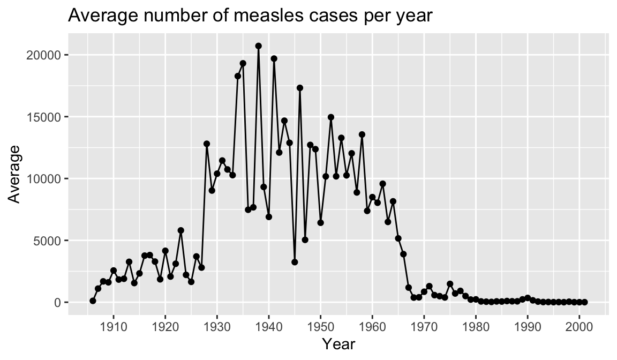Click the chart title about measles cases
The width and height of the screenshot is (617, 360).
coord(250,16)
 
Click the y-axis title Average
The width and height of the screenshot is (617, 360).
coord(15,174)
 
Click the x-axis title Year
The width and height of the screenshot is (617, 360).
coord(338,344)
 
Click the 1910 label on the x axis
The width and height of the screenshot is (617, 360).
coord(113,326)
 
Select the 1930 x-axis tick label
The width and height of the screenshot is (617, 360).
coord(217,326)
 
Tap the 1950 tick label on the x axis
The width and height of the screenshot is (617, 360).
coord(320,326)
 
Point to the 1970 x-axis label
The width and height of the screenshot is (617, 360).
coord(424,326)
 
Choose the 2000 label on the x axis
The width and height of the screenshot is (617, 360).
coord(580,326)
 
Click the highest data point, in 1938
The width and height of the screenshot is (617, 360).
coord(258,46)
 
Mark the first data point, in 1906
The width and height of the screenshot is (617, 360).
coord(93,301)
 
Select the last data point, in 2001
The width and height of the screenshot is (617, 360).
coord(584,302)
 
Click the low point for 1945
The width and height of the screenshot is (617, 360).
coord(295,262)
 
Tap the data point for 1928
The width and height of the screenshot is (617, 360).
coord(207,144)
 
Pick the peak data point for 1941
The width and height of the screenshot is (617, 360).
coord(274,58)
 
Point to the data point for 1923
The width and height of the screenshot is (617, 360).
coord(180,230)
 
